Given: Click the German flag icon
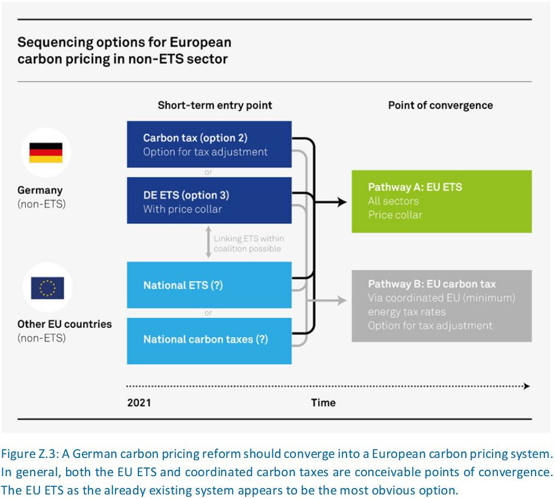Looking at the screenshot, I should coord(46,153).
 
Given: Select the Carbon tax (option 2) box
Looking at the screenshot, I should coord(209,144).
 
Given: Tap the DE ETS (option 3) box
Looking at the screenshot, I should coord(209,200).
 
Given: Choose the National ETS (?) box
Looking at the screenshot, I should coord(209,285).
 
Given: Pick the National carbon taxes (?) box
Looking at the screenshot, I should coord(209,340).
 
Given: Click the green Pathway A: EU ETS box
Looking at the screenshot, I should coord(441,201).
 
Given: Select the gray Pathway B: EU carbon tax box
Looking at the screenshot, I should coord(441,306).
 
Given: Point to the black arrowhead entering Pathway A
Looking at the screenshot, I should coord(342,203).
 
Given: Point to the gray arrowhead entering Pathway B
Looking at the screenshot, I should coord(342,301).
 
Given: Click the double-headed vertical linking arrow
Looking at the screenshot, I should coord(208,243).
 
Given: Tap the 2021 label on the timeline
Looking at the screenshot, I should coord(139,403).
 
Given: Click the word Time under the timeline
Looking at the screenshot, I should coord(323,403).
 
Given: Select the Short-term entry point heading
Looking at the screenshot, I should coord(215,105).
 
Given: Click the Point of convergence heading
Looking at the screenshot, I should coord(440,105).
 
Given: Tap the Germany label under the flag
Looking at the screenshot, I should coord(39,190).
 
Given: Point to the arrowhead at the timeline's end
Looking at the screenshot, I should coord(527,387).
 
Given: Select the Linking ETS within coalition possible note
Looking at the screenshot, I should coord(247,243).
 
